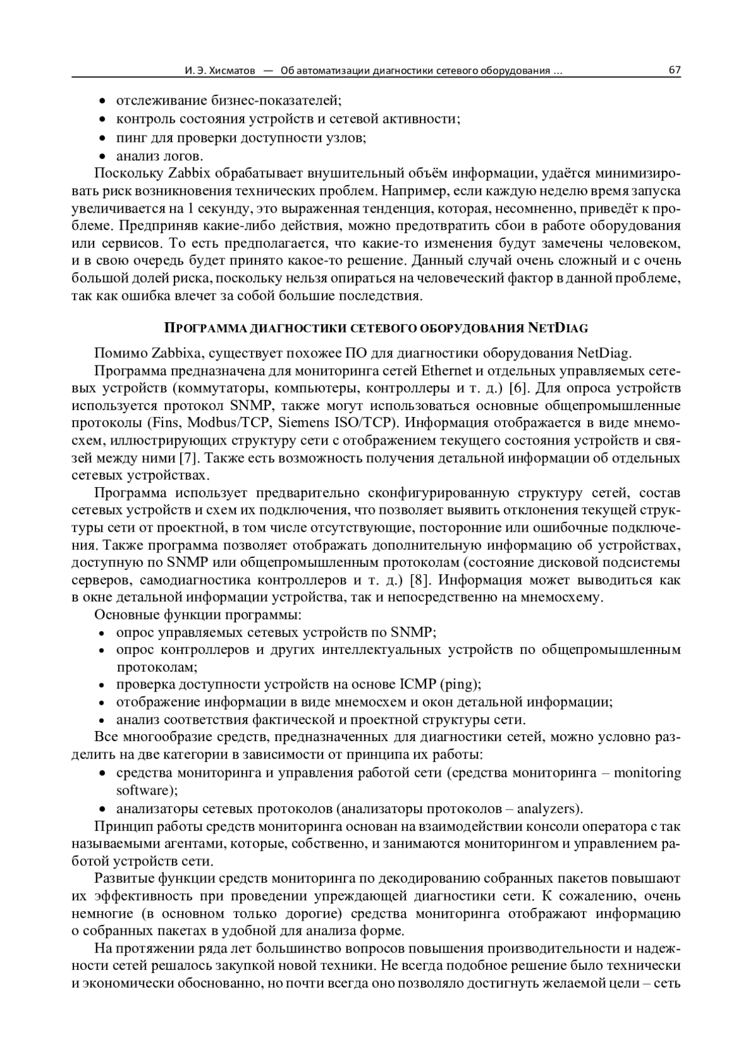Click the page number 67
pyautogui.click(x=675, y=70)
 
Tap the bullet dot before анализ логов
pyautogui.click(x=103, y=156)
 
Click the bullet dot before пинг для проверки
pyautogui.click(x=103, y=138)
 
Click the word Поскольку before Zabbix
pyautogui.click(x=128, y=173)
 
